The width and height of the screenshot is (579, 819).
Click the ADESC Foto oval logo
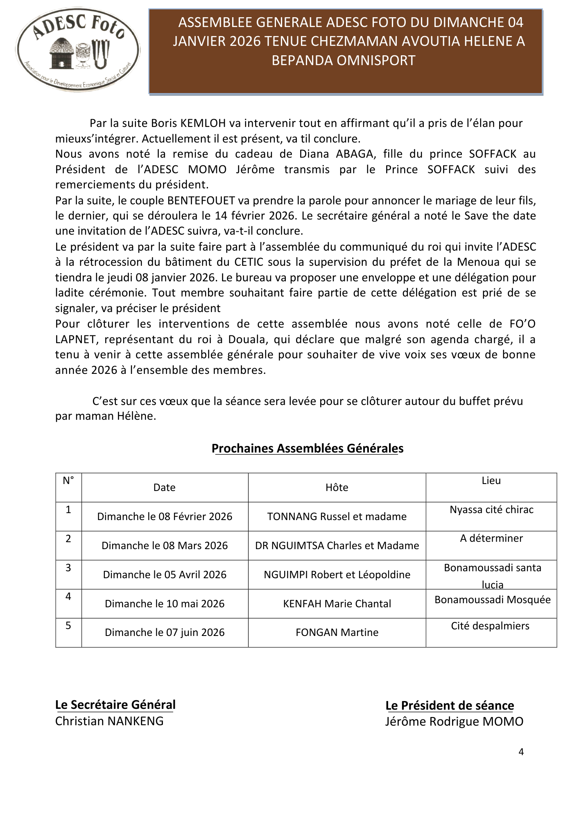tap(78, 50)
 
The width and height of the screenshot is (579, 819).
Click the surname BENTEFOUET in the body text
tap(201, 201)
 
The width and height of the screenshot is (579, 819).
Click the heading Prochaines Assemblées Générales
tap(308, 448)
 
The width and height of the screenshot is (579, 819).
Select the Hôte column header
tap(337, 487)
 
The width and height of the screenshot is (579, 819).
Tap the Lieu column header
tap(491, 481)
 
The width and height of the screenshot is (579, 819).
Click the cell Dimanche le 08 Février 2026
tap(165, 516)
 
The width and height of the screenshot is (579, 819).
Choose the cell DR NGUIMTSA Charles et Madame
tap(337, 545)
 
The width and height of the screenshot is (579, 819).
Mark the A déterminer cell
tap(491, 538)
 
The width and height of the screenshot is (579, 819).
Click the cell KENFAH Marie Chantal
tap(337, 604)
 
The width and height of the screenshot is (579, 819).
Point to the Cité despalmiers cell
tap(490, 626)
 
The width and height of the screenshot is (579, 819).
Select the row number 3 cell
tap(68, 568)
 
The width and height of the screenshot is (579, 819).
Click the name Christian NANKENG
tap(109, 721)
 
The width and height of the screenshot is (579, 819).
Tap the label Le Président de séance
tap(450, 706)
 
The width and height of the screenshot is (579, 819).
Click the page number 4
tap(521, 752)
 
